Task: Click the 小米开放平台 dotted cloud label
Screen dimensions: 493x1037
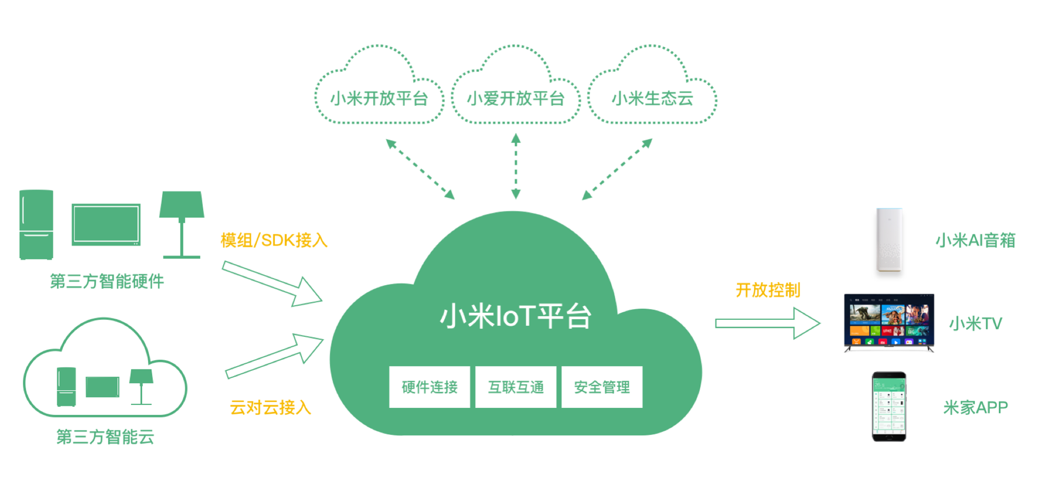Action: (x=379, y=98)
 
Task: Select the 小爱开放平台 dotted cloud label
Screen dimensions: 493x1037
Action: (x=515, y=98)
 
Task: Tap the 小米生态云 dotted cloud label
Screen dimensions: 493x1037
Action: (x=652, y=98)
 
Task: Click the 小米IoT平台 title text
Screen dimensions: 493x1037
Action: (x=515, y=316)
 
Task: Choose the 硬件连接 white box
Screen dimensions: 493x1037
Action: (x=429, y=387)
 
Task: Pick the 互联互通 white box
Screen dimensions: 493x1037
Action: (x=516, y=387)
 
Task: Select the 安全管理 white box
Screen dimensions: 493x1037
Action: (x=602, y=387)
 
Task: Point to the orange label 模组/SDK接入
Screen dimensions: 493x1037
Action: (x=274, y=240)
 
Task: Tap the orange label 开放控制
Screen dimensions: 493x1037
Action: (x=768, y=290)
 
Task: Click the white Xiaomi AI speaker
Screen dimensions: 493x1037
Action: (x=889, y=240)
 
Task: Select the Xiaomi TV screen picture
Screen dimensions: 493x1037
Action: (x=889, y=322)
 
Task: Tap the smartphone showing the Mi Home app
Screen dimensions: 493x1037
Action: (x=889, y=406)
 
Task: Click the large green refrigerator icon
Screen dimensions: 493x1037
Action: (x=36, y=225)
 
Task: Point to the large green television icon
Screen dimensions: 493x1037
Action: (x=106, y=225)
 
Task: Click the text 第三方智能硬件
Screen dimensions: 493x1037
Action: (x=107, y=281)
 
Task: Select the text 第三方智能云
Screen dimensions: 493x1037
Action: (x=105, y=437)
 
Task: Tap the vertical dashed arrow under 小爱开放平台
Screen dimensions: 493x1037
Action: (x=516, y=167)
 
